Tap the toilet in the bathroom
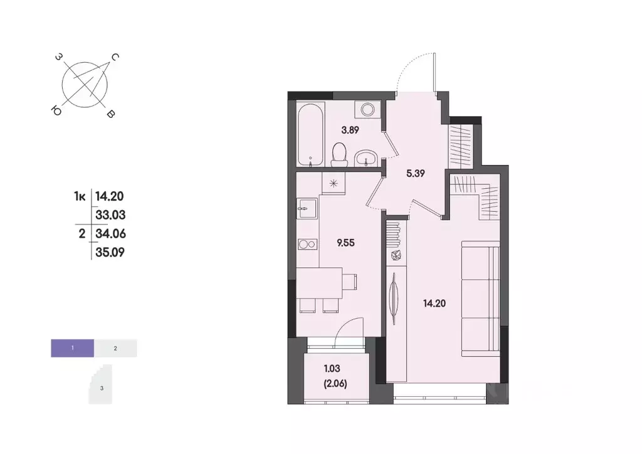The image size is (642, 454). click(x=339, y=154)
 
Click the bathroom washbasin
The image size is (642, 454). click(x=366, y=157)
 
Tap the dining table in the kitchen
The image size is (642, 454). click(x=320, y=283)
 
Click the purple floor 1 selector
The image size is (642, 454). click(x=73, y=347)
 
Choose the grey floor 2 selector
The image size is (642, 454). click(x=115, y=347)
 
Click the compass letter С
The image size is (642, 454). click(x=115, y=58)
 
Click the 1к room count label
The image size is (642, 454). click(x=80, y=196)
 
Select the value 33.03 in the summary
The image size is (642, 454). click(x=110, y=215)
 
